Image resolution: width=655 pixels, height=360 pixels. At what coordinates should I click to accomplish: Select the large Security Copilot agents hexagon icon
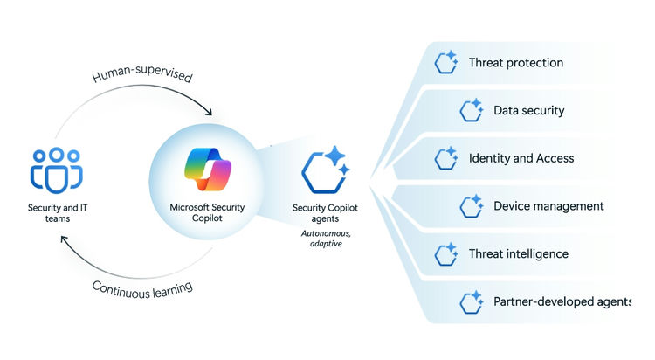click(324, 171)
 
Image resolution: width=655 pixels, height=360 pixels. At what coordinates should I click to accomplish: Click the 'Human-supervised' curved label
click(142, 75)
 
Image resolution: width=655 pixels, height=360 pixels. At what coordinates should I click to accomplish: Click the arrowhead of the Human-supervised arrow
click(208, 111)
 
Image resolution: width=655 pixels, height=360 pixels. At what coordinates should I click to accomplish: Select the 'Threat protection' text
click(515, 63)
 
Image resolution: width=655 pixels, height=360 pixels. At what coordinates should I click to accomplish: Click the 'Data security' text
click(528, 111)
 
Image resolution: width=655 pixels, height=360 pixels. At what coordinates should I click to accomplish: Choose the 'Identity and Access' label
click(521, 158)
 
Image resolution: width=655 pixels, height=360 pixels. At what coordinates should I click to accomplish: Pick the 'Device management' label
click(548, 206)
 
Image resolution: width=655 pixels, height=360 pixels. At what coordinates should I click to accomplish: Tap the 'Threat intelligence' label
click(518, 253)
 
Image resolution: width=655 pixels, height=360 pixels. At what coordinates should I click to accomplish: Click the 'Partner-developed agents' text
click(561, 301)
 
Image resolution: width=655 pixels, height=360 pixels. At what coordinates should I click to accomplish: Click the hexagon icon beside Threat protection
click(447, 63)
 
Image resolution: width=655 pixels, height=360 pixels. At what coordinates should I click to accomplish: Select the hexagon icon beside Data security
click(472, 110)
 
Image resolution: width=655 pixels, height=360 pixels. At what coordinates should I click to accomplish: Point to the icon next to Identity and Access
click(447, 158)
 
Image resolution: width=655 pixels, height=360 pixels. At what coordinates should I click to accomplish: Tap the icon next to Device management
click(472, 206)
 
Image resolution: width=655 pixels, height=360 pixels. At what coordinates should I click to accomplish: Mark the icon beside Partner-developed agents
click(472, 301)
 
